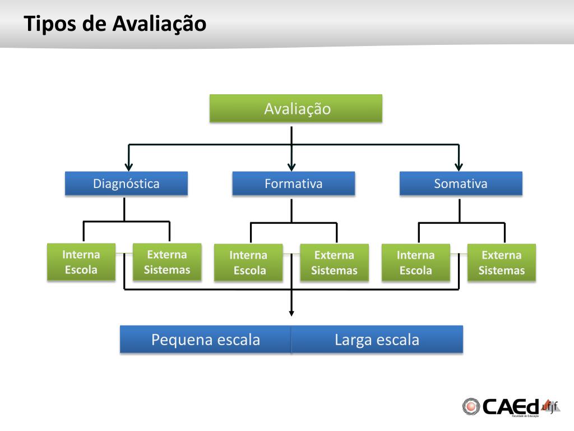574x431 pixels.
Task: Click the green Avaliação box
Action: [295, 108]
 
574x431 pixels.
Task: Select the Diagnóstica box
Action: [126, 184]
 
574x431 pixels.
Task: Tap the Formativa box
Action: [293, 184]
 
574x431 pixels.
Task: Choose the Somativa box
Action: [461, 184]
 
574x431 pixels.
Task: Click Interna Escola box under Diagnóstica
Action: [81, 262]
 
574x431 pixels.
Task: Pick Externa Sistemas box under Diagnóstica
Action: [167, 262]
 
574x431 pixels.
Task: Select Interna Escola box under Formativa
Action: [248, 263]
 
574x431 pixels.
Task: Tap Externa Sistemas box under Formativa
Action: [334, 263]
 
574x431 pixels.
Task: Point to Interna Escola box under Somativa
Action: [415, 263]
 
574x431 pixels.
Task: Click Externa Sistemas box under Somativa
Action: [502, 263]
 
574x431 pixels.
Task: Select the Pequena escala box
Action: [205, 340]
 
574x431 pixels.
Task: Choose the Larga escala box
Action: [377, 340]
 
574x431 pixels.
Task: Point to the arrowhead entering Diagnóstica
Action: [129, 166]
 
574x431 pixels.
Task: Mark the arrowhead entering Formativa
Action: [291, 166]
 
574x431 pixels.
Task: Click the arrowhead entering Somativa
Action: [459, 166]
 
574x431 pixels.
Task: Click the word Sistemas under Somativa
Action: [502, 270]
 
